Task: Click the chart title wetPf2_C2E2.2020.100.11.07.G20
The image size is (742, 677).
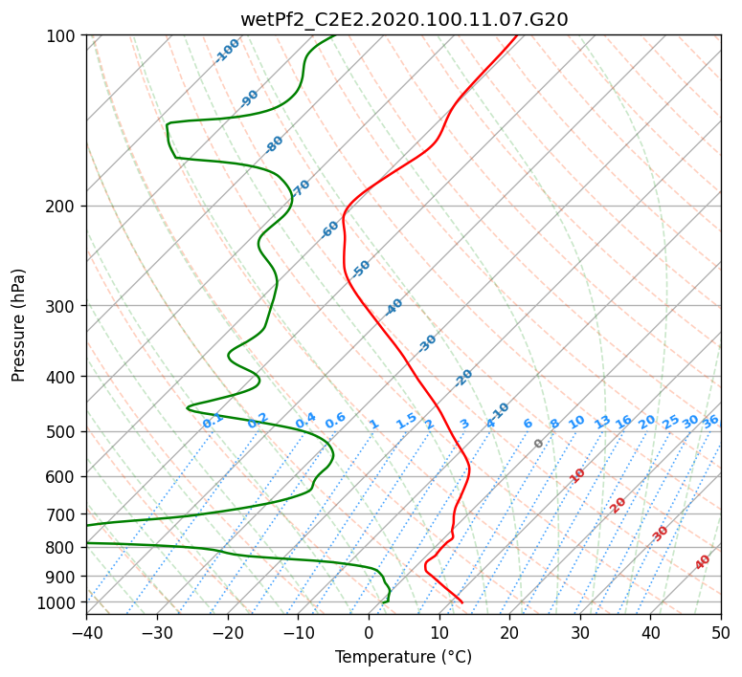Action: [x=404, y=20]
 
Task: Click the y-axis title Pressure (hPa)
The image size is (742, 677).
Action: [x=18, y=325]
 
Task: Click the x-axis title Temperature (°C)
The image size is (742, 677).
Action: [x=404, y=657]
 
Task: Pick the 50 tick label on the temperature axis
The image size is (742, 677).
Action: [x=721, y=632]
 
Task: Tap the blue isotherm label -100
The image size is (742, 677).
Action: [x=227, y=51]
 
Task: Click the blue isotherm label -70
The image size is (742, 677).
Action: [x=301, y=188]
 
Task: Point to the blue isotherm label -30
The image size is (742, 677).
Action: [x=427, y=343]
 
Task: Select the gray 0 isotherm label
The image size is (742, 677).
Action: [x=538, y=443]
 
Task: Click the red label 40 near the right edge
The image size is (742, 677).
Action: [x=702, y=562]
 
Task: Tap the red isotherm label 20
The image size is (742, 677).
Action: [x=618, y=506]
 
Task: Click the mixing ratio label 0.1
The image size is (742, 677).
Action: [x=213, y=420]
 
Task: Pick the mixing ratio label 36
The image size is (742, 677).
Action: [x=710, y=422]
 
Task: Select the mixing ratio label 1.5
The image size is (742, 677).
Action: [x=406, y=421]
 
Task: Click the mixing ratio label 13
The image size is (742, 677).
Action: [x=602, y=422]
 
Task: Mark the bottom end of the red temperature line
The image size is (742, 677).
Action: [x=462, y=602]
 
